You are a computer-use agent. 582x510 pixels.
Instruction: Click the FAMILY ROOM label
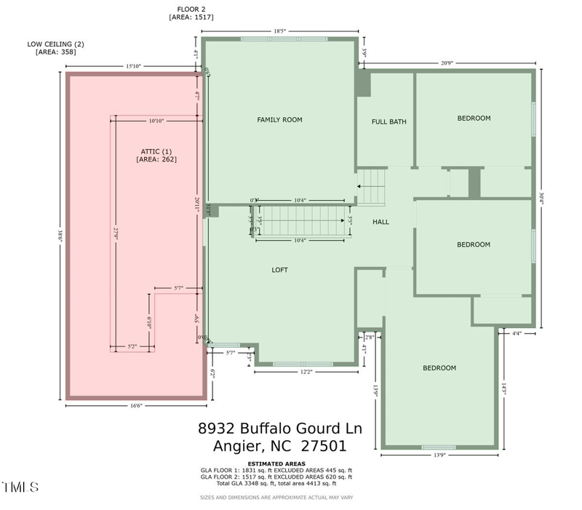[279, 119]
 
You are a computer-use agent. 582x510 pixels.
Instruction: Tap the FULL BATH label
[388, 121]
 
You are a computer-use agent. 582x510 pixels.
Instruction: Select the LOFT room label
[279, 270]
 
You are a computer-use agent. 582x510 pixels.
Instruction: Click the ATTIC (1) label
[156, 151]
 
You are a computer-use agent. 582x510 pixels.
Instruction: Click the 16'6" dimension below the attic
[135, 407]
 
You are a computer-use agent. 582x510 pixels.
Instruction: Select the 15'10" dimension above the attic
[133, 66]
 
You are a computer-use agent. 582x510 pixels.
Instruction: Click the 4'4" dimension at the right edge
[517, 333]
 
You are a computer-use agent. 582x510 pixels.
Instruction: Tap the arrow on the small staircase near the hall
[360, 186]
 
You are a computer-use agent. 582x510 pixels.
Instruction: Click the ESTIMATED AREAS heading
[276, 463]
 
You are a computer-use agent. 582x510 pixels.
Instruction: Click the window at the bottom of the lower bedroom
[439, 447]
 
